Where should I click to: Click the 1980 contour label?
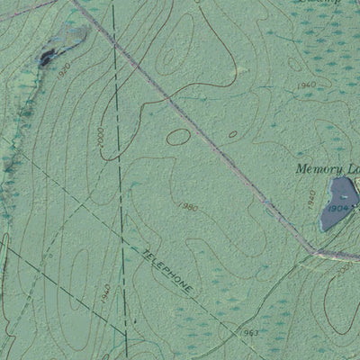pyautogui.click(x=188, y=207)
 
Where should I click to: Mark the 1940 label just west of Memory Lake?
pyautogui.click(x=311, y=196)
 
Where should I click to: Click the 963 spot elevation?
pyautogui.click(x=249, y=334)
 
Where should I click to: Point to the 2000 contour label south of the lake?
pyautogui.click(x=346, y=266)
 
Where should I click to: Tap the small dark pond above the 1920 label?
pyautogui.click(x=45, y=59)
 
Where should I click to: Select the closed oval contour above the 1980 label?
pyautogui.click(x=179, y=137)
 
